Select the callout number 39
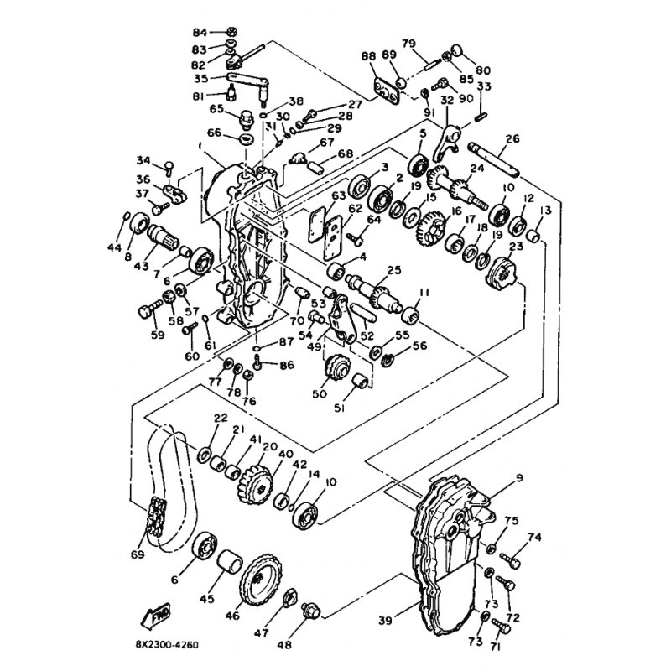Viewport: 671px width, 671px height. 385,620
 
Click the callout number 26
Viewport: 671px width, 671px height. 512,138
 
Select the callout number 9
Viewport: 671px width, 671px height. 518,478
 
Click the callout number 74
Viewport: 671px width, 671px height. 535,538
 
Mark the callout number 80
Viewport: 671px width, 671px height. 483,70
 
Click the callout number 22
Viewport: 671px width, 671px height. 221,419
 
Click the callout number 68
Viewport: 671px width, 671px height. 322,154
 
